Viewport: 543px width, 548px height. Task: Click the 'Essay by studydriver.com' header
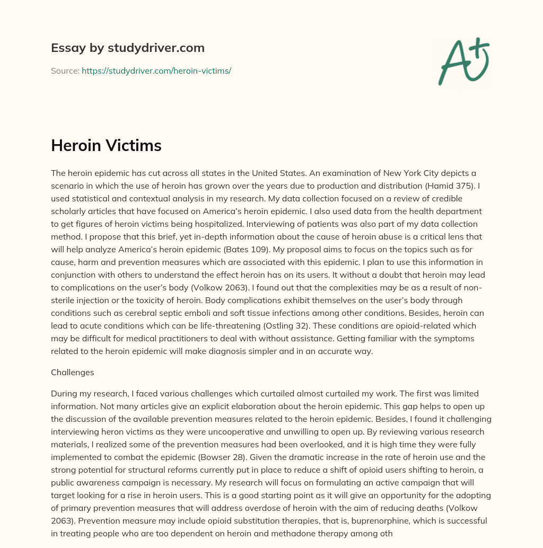(x=127, y=48)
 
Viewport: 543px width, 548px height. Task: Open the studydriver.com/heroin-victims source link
(x=156, y=70)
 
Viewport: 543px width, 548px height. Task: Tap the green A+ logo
(x=463, y=61)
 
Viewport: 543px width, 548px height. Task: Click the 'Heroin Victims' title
(x=106, y=146)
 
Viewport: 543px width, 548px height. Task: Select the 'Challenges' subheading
(x=72, y=372)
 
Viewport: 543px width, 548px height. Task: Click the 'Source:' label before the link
(x=65, y=70)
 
